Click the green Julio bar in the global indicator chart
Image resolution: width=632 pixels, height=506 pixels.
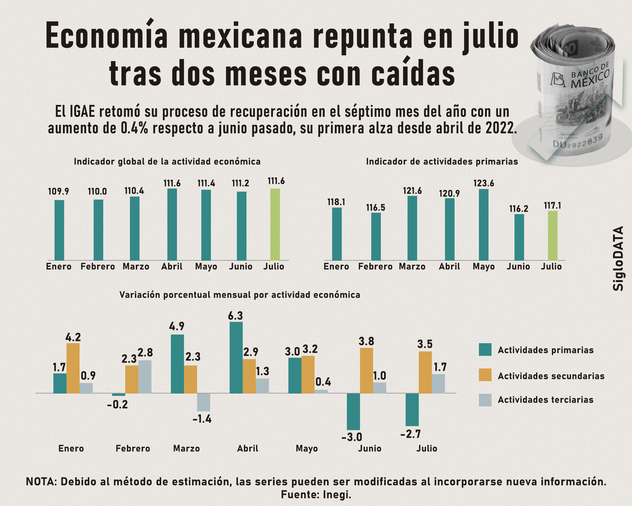point(275,224)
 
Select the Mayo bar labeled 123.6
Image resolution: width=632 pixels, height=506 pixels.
point(484,225)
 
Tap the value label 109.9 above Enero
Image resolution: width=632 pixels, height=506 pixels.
point(59,191)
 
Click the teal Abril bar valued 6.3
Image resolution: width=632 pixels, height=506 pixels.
point(236,357)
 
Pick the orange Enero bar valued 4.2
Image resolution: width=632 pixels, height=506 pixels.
point(73,368)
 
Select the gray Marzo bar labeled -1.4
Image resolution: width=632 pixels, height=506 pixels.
point(203,402)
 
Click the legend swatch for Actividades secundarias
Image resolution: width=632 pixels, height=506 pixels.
point(485,375)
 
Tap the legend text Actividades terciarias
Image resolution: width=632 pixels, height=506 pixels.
point(545,400)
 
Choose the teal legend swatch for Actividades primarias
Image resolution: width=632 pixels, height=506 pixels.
point(485,350)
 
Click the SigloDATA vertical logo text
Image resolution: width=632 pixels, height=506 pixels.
point(618,258)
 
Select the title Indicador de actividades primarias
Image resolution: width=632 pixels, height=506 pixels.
point(442,161)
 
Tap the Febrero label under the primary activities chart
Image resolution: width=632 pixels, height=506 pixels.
point(375,267)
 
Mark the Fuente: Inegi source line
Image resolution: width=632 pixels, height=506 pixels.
point(316,495)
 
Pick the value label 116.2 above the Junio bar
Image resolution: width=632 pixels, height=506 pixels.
point(518,209)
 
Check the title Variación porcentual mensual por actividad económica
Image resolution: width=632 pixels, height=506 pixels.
point(240,295)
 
